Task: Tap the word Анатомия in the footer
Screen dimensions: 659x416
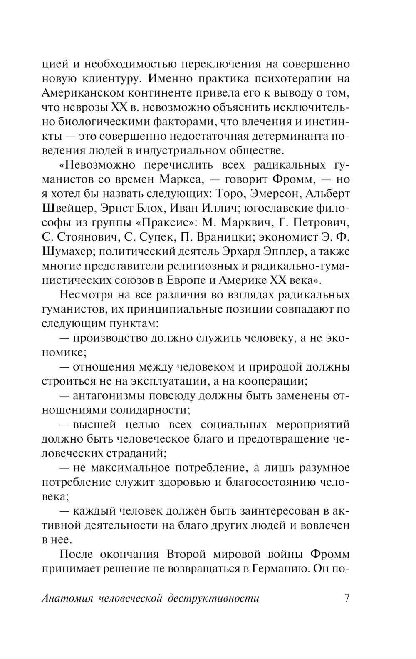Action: pyautogui.click(x=68, y=599)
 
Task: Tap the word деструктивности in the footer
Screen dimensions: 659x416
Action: pyautogui.click(x=213, y=599)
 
